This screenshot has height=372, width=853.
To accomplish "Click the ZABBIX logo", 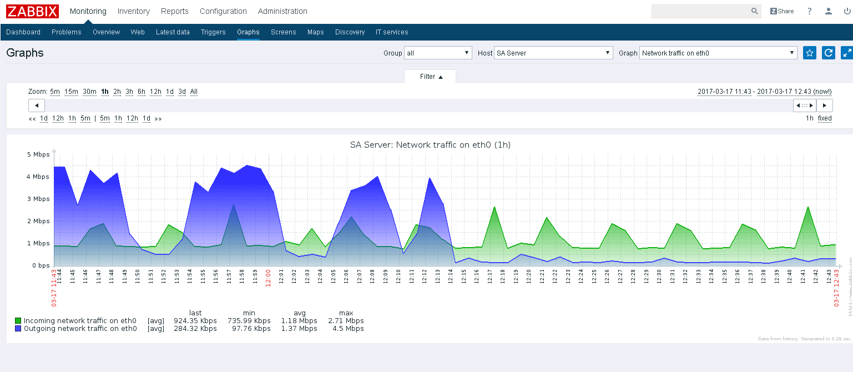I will pyautogui.click(x=32, y=11).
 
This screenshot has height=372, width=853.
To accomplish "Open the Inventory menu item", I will pyautogui.click(x=133, y=11).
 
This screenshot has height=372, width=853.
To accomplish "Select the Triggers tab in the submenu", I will pyautogui.click(x=213, y=32).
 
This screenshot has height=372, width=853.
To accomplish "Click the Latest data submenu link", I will pyautogui.click(x=173, y=32).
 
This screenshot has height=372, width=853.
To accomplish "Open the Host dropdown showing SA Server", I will pyautogui.click(x=553, y=53).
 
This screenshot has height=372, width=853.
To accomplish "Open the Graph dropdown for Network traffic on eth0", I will pyautogui.click(x=718, y=53).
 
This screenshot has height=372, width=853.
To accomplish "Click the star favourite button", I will pyautogui.click(x=810, y=53).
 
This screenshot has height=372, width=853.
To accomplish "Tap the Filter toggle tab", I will pyautogui.click(x=430, y=77).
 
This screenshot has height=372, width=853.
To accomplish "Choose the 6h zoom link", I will pyautogui.click(x=142, y=92).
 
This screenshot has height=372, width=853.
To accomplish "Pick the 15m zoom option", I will pyautogui.click(x=71, y=92).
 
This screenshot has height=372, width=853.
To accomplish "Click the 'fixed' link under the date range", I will pyautogui.click(x=825, y=118).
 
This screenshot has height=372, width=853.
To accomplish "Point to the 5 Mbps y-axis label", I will pyautogui.click(x=38, y=154).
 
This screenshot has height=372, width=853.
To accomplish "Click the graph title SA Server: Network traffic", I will pyautogui.click(x=430, y=145).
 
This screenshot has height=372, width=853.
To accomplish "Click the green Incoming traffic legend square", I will pyautogui.click(x=18, y=321).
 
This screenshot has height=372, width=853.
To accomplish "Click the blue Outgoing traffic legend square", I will pyautogui.click(x=18, y=329).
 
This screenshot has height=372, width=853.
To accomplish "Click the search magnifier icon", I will pyautogui.click(x=754, y=11).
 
